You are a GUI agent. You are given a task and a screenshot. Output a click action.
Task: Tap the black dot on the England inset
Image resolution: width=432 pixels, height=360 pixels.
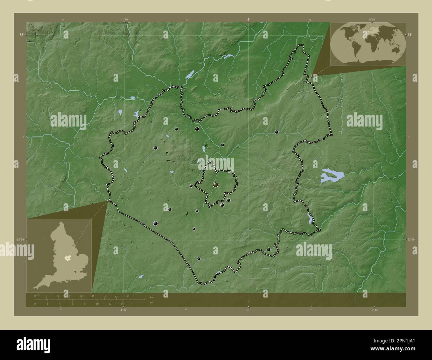tap(76, 272)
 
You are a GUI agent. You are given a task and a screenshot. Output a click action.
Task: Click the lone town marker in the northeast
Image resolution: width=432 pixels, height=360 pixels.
tap(276, 132)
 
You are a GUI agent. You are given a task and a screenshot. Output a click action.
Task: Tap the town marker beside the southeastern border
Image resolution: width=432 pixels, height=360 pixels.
tap(269, 249)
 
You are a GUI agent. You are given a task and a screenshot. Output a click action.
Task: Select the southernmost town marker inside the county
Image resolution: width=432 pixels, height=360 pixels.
tap(199, 259)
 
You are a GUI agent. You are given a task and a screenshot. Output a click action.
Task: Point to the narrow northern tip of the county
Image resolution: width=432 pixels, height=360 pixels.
tap(300, 48)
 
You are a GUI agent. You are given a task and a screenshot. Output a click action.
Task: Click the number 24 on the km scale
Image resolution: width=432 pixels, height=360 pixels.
tap(128, 296)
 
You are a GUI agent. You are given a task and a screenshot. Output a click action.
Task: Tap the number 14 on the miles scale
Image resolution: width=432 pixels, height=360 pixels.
tap(122, 304)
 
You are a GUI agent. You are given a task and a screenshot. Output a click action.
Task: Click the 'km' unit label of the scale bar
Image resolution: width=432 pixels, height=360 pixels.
tap(152, 297)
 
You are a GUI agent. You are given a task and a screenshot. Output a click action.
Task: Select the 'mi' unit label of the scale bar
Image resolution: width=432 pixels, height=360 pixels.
tap(152, 303)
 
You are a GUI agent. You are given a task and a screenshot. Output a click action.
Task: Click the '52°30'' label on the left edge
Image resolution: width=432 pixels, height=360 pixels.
tap(20, 239)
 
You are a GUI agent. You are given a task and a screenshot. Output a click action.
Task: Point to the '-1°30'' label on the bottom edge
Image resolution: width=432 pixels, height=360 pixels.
tap(124, 310)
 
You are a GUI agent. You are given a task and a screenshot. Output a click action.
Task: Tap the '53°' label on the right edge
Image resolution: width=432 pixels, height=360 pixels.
tap(410, 35)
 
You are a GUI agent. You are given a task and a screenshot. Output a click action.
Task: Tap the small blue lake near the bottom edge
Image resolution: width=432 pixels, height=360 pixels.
tap(141, 276)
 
